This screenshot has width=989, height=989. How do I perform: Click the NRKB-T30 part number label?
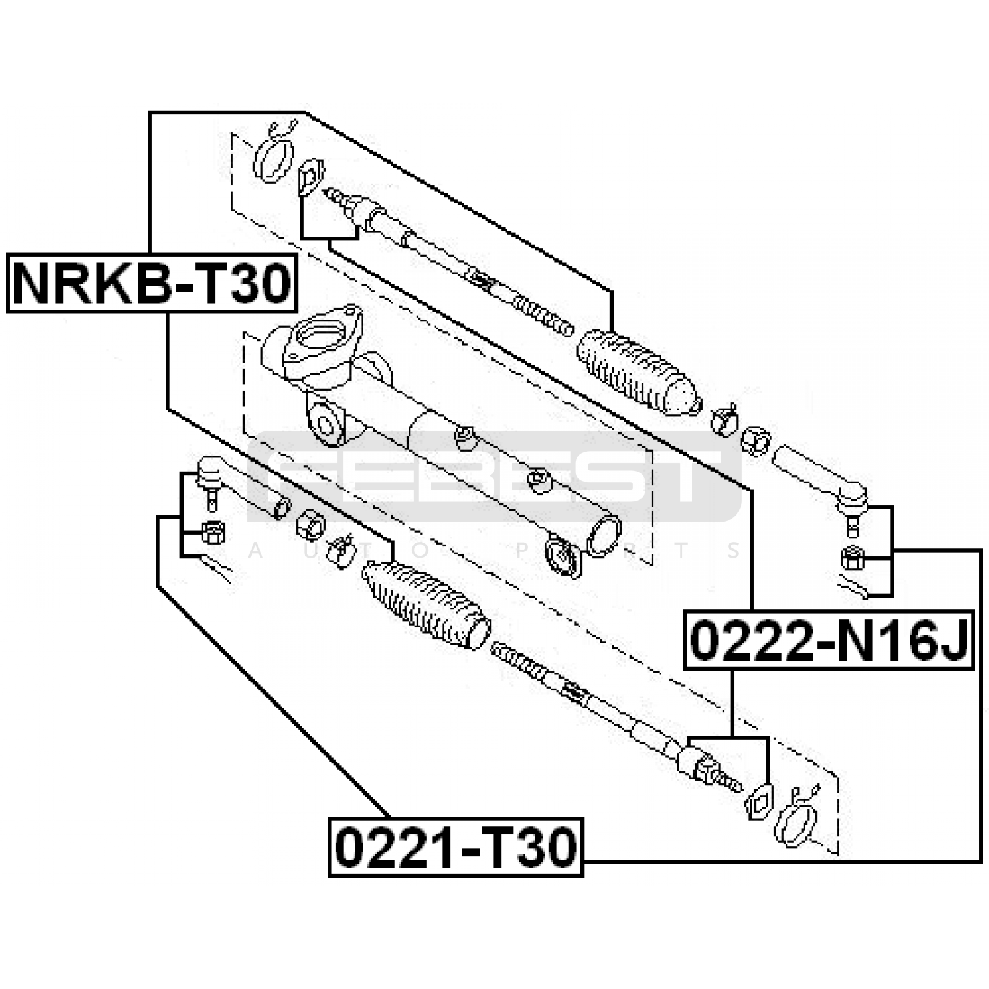(151, 282)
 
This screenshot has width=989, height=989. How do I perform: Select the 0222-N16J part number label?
(829, 640)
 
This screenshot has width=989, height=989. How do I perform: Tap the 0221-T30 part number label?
(456, 847)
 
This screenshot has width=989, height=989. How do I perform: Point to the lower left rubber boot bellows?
(427, 605)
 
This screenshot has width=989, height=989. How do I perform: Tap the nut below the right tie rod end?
(852, 558)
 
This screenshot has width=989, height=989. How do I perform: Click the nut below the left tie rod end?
(213, 532)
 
